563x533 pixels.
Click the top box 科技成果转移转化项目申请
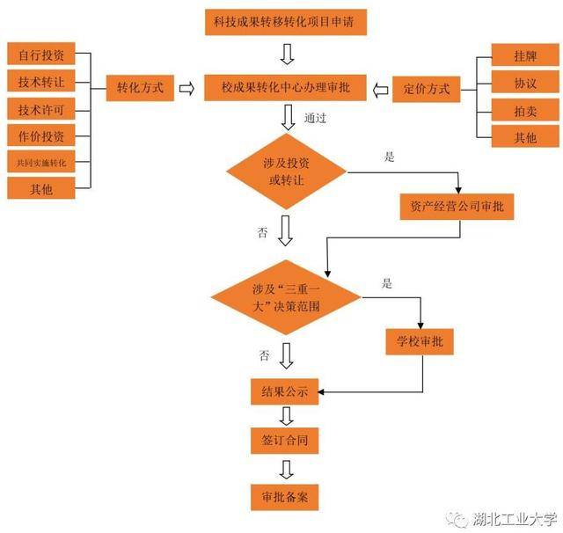[286, 22]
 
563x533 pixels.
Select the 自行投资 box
[41, 54]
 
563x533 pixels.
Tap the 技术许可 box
[41, 109]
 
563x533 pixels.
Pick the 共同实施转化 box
[41, 162]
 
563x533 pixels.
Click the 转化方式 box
[140, 88]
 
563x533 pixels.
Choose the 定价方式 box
[426, 90]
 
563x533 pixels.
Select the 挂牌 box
[525, 55]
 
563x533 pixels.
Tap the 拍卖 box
[525, 110]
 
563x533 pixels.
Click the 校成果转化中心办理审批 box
[285, 88]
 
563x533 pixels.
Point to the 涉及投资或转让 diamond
[287, 172]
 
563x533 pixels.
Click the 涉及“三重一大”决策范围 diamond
[286, 297]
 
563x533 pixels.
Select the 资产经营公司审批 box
[457, 207]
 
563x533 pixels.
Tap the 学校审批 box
[420, 342]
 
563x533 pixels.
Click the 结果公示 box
[285, 391]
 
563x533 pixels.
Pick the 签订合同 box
[285, 441]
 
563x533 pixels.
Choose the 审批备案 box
[285, 498]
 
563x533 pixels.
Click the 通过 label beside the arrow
[315, 118]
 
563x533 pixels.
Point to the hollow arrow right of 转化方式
[186, 88]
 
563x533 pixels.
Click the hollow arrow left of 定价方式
[380, 90]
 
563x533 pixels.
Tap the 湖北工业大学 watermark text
[514, 519]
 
